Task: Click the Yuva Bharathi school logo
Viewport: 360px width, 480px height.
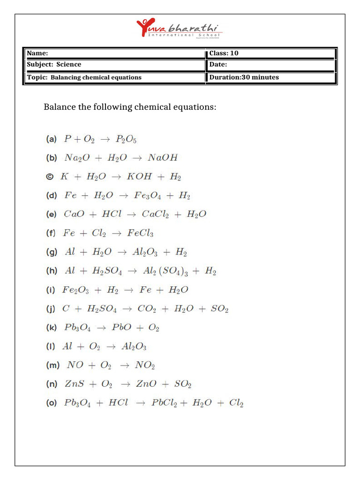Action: pyautogui.click(x=180, y=29)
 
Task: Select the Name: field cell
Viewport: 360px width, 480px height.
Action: pyautogui.click(x=115, y=53)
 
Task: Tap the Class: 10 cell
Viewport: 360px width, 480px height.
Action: pyautogui.click(x=271, y=53)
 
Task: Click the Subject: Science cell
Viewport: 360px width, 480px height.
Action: pyautogui.click(x=115, y=65)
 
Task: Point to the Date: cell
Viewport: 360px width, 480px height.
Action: pyautogui.click(x=271, y=65)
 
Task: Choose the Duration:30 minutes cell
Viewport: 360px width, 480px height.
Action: pyautogui.click(x=271, y=77)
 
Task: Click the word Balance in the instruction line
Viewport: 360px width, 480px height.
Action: pyautogui.click(x=60, y=107)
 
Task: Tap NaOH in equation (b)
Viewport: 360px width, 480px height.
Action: pyautogui.click(x=163, y=158)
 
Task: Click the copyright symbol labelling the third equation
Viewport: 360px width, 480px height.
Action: pyautogui.click(x=50, y=177)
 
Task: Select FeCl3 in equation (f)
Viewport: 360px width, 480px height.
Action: pyautogui.click(x=140, y=233)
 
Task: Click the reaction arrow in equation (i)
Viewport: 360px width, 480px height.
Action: pyautogui.click(x=128, y=290)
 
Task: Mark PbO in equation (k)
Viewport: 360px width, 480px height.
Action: pyautogui.click(x=121, y=328)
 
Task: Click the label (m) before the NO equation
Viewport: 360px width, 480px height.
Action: pyautogui.click(x=52, y=365)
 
